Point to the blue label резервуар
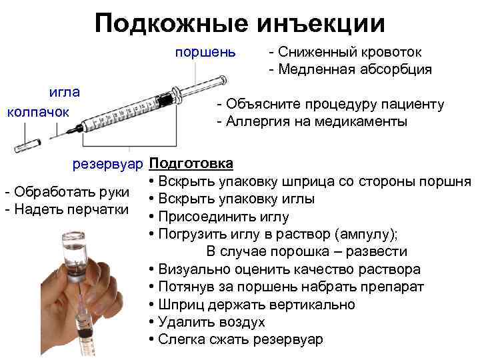point(109,163)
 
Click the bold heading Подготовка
point(191,163)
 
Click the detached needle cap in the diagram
point(29,144)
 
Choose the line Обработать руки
point(67,193)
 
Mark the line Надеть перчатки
point(67,209)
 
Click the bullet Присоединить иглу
point(219,217)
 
